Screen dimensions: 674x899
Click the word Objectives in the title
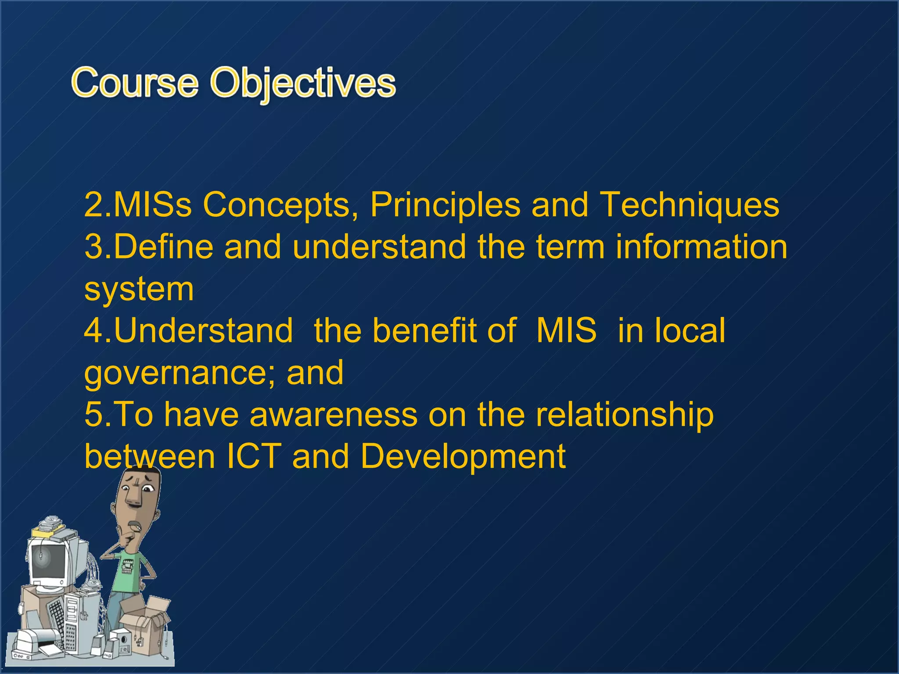click(x=303, y=83)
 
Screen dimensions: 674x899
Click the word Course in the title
click(x=135, y=83)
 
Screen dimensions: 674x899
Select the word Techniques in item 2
click(x=689, y=204)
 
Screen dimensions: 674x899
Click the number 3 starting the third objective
click(x=93, y=247)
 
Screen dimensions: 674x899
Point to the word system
click(x=139, y=290)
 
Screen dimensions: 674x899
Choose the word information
click(x=701, y=247)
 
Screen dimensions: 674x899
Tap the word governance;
click(x=180, y=373)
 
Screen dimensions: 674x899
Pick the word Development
click(x=463, y=456)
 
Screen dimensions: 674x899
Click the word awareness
click(x=333, y=414)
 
